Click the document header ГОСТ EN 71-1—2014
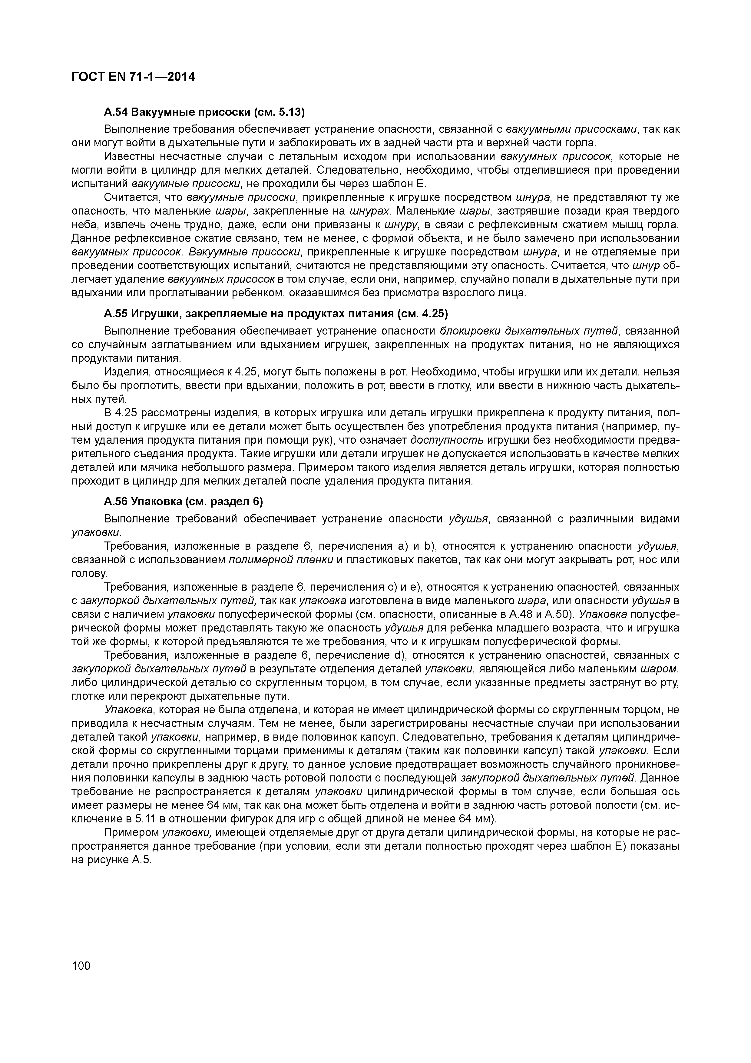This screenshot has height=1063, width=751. click(x=133, y=77)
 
